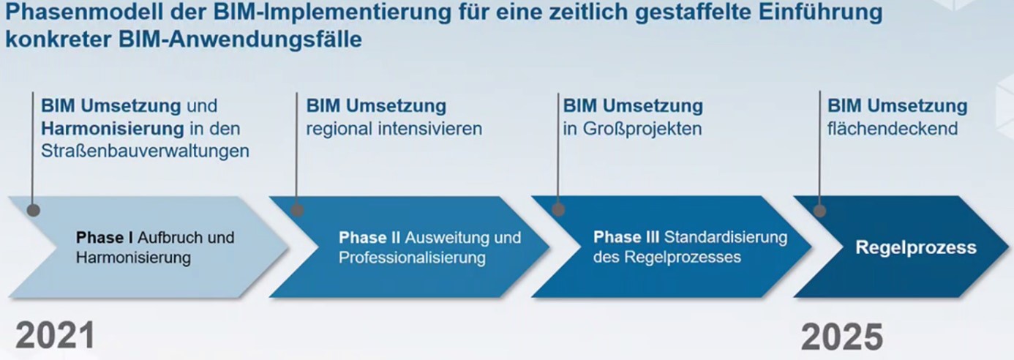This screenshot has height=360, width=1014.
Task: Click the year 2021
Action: click(56, 336)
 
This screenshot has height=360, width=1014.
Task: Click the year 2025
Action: click(842, 337)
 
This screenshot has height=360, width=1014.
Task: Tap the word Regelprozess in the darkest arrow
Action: click(916, 247)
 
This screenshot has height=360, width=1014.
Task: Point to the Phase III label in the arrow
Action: click(626, 237)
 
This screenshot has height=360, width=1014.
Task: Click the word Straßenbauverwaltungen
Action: click(145, 151)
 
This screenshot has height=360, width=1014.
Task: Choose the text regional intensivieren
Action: click(394, 129)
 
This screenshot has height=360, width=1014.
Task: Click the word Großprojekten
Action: click(642, 129)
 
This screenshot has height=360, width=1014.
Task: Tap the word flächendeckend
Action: click(892, 129)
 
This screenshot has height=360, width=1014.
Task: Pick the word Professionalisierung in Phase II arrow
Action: click(413, 258)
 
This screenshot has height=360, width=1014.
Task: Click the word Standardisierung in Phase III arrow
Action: click(725, 237)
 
